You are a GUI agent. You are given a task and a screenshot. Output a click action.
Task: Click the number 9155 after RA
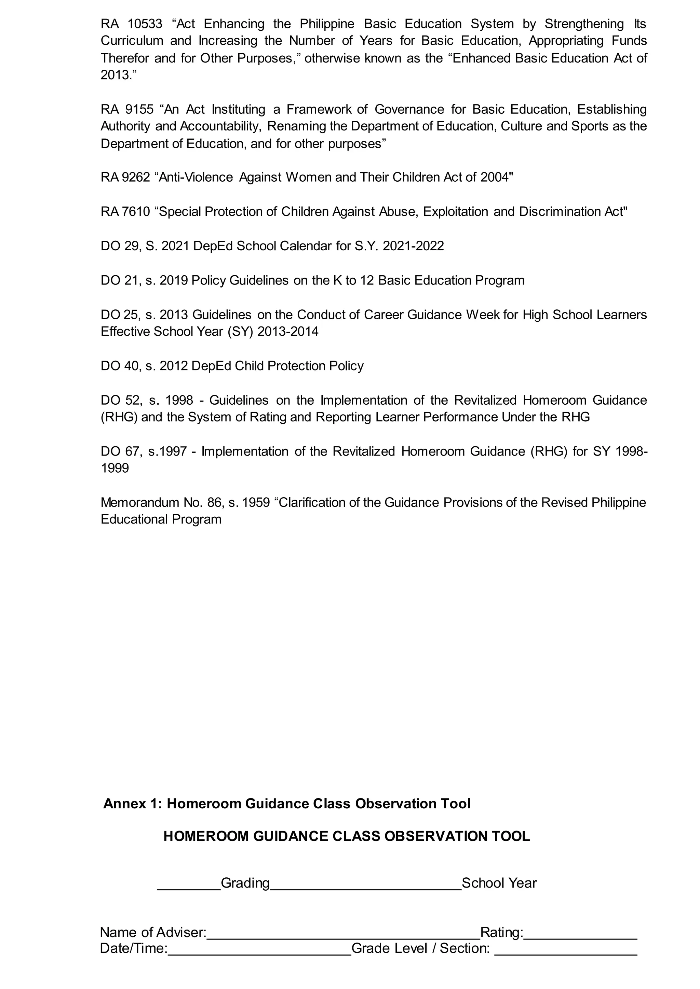click(139, 109)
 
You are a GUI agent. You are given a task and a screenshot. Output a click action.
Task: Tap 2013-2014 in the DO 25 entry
click(287, 332)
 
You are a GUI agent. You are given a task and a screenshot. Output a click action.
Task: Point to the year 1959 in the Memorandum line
click(256, 503)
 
